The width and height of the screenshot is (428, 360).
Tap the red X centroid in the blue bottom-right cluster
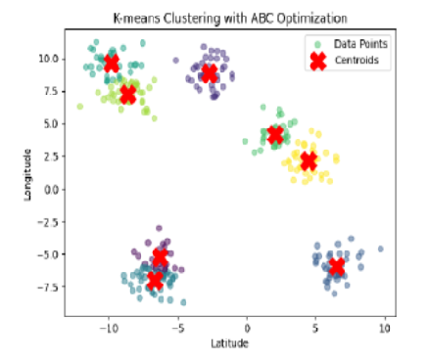pos(337,267)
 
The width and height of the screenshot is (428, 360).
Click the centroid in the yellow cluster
pos(308,160)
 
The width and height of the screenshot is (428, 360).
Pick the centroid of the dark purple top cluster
pos(210,73)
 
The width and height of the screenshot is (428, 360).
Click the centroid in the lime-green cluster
pos(127,95)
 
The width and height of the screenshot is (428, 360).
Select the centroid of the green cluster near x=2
pos(275,135)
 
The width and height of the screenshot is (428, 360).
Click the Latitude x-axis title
pos(228,344)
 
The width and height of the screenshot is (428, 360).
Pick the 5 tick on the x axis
pos(316,329)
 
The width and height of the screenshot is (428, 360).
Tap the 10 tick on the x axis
pos(385,329)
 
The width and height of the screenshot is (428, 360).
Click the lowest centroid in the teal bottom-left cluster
pos(155,281)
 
